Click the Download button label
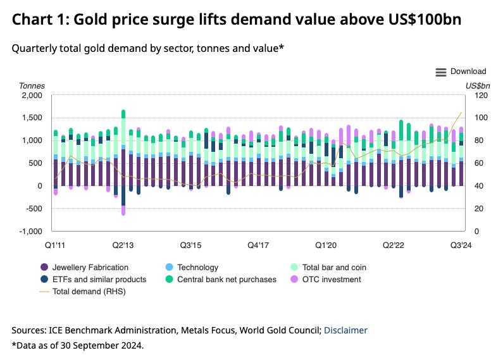point(468,71)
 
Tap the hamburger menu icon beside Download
point(441,72)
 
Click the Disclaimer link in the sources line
point(345,330)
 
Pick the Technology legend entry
point(197,268)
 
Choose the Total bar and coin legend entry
point(333,268)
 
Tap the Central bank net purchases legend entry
point(227,279)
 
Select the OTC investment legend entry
point(330,279)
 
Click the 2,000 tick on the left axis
point(31,95)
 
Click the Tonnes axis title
point(32,85)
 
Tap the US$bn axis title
point(478,85)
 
